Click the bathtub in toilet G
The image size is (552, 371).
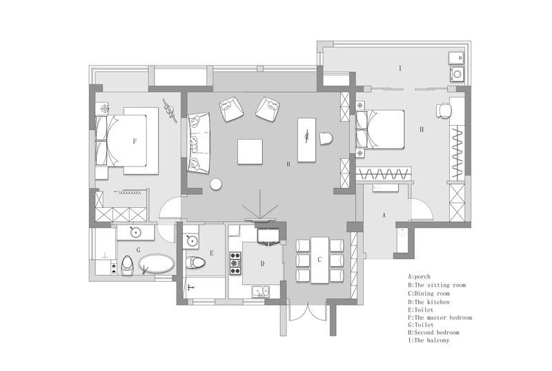click(157, 264)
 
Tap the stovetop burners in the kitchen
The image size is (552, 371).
click(235, 263)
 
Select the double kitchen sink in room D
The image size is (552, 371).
click(261, 292)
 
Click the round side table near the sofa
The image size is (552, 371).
click(216, 184)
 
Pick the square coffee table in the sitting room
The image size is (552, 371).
click(250, 151)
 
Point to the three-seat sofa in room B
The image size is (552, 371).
click(198, 143)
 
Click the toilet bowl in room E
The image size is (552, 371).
click(195, 263)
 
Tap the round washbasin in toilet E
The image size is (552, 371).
click(192, 241)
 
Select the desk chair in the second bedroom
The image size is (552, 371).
click(443, 110)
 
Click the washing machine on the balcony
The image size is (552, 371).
click(457, 74)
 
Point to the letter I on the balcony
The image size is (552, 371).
click(400, 68)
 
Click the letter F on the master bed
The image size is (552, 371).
click(135, 141)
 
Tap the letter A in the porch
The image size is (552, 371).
click(384, 215)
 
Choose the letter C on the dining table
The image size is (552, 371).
click(319, 260)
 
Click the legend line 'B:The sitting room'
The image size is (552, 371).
click(437, 285)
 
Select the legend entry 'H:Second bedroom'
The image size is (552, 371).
click(434, 332)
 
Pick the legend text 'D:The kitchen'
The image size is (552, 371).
click(428, 302)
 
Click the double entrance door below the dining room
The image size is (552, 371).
click(308, 312)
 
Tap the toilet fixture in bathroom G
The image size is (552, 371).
click(127, 265)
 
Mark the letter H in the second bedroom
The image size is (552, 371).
click(422, 130)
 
